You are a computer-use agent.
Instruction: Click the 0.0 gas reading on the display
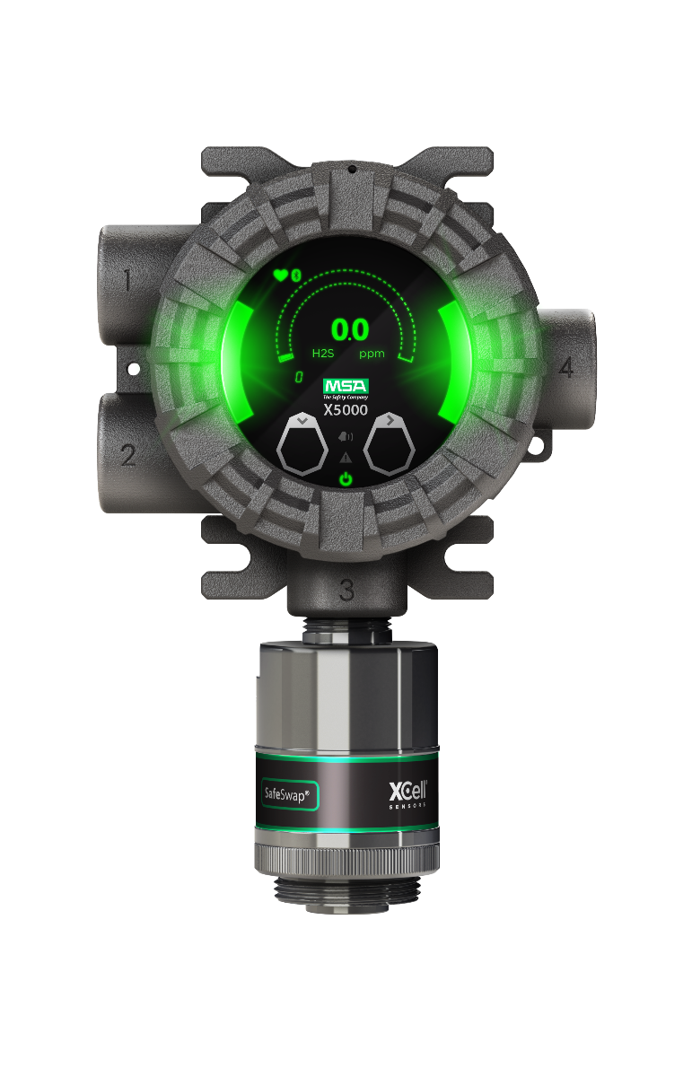[x=349, y=329]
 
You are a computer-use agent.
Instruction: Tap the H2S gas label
[x=322, y=354]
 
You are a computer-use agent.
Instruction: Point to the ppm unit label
[x=372, y=354]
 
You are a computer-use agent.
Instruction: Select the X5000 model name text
[x=346, y=409]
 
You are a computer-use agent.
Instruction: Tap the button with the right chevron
[x=389, y=443]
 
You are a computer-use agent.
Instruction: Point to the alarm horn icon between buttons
[x=346, y=437]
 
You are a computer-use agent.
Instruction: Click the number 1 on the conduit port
[x=127, y=282]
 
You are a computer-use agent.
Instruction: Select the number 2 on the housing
[x=127, y=455]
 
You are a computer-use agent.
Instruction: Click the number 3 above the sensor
[x=346, y=590]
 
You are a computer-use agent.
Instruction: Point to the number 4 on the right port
[x=565, y=367]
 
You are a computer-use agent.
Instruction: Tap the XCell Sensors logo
[x=407, y=793]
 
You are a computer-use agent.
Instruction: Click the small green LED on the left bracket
[x=133, y=368]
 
